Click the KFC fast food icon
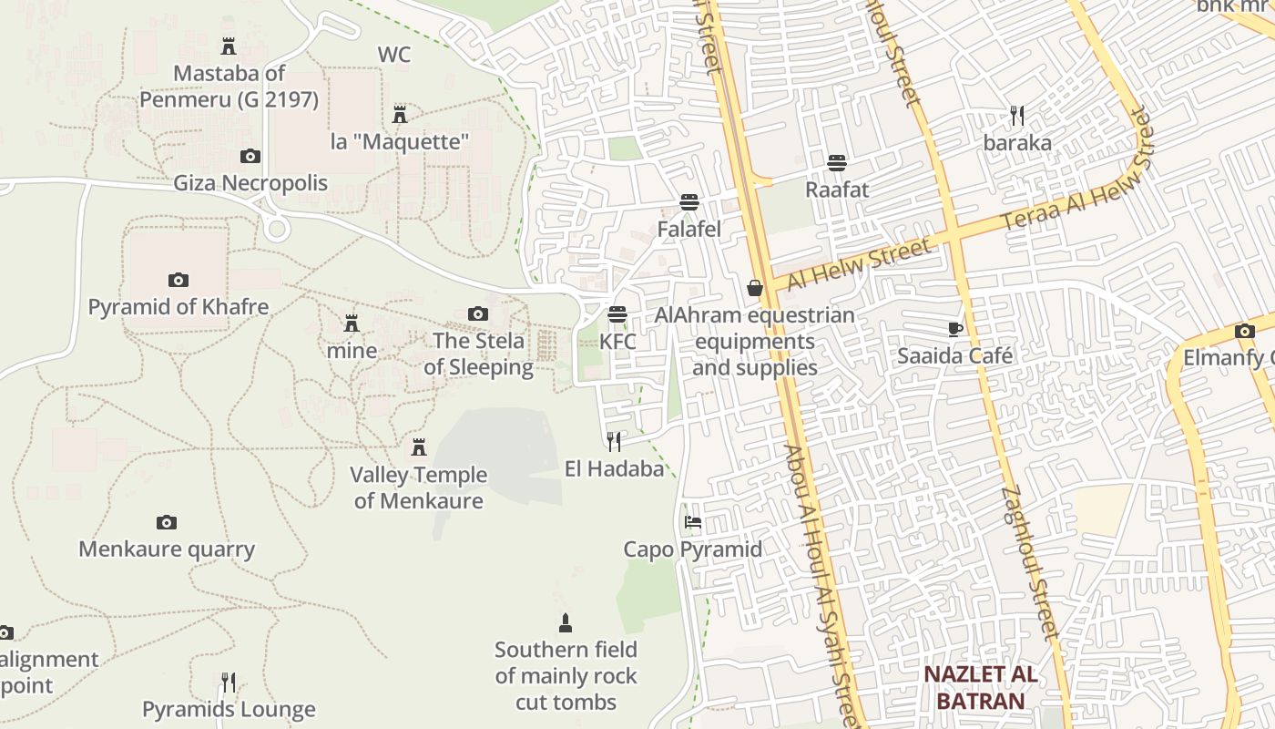click(617, 315)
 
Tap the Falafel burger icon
click(689, 202)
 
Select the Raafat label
click(837, 190)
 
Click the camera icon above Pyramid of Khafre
click(178, 280)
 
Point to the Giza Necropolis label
click(250, 183)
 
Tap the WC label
click(394, 55)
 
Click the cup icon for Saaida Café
click(954, 329)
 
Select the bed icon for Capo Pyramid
click(693, 523)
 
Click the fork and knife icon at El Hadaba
click(614, 442)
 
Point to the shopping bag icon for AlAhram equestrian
click(755, 289)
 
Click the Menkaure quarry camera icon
click(166, 523)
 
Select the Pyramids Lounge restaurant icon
click(229, 683)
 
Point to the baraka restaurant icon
click(1017, 116)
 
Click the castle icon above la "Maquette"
click(400, 115)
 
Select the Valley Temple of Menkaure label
click(419, 488)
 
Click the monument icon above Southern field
click(566, 623)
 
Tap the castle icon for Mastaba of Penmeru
click(229, 46)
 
